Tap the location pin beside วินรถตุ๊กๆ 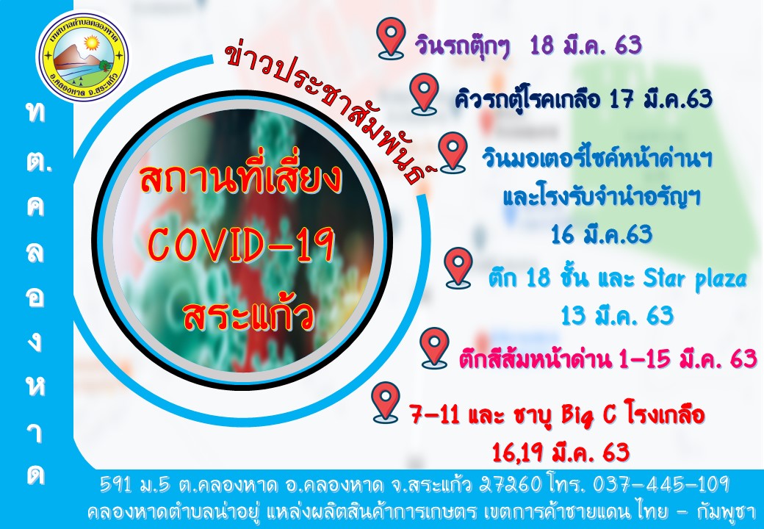click(x=392, y=39)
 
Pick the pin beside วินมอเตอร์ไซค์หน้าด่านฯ click(x=453, y=153)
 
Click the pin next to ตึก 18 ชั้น click(x=458, y=268)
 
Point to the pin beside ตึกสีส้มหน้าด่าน click(x=435, y=348)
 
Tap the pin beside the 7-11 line click(x=386, y=403)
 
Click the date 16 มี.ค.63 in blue click(x=601, y=234)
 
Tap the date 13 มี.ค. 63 click(x=617, y=316)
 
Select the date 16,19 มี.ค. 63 click(x=561, y=453)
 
